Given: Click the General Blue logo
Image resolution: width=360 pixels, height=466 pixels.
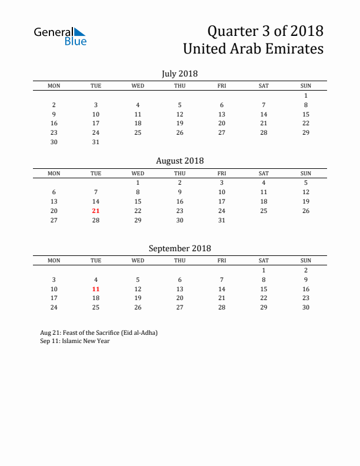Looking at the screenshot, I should tap(60, 36).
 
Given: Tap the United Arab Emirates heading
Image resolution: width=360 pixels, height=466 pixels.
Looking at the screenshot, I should tap(253, 48).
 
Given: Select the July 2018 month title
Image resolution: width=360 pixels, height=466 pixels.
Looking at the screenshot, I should tap(179, 74).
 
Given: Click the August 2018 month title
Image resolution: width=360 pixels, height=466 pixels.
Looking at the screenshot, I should tap(179, 161).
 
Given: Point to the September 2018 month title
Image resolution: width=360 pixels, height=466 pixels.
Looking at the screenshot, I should tap(179, 248).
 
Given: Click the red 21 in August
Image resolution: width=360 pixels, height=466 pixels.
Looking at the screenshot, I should tap(96, 211).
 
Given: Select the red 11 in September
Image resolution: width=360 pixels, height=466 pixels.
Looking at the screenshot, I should tap(96, 289).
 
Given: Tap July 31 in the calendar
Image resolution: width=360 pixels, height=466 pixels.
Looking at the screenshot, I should tap(96, 142).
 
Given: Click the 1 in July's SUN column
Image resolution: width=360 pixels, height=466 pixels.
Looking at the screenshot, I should tap(306, 95).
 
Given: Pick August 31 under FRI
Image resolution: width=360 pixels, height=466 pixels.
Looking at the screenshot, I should tap(222, 220).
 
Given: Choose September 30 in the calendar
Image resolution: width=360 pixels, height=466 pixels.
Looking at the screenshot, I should tap(306, 308).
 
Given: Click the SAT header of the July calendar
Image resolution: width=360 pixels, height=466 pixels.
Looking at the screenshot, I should tap(264, 86).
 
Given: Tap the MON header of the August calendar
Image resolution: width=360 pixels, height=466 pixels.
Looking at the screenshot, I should tap(54, 173).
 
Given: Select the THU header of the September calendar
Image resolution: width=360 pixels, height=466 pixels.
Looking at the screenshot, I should tap(180, 261).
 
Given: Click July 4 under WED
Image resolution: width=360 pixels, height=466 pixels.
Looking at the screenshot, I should tap(138, 105).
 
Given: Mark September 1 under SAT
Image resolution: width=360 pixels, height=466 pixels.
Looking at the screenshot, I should tap(264, 270).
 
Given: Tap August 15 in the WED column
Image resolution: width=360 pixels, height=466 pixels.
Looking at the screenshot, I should tap(138, 201).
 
